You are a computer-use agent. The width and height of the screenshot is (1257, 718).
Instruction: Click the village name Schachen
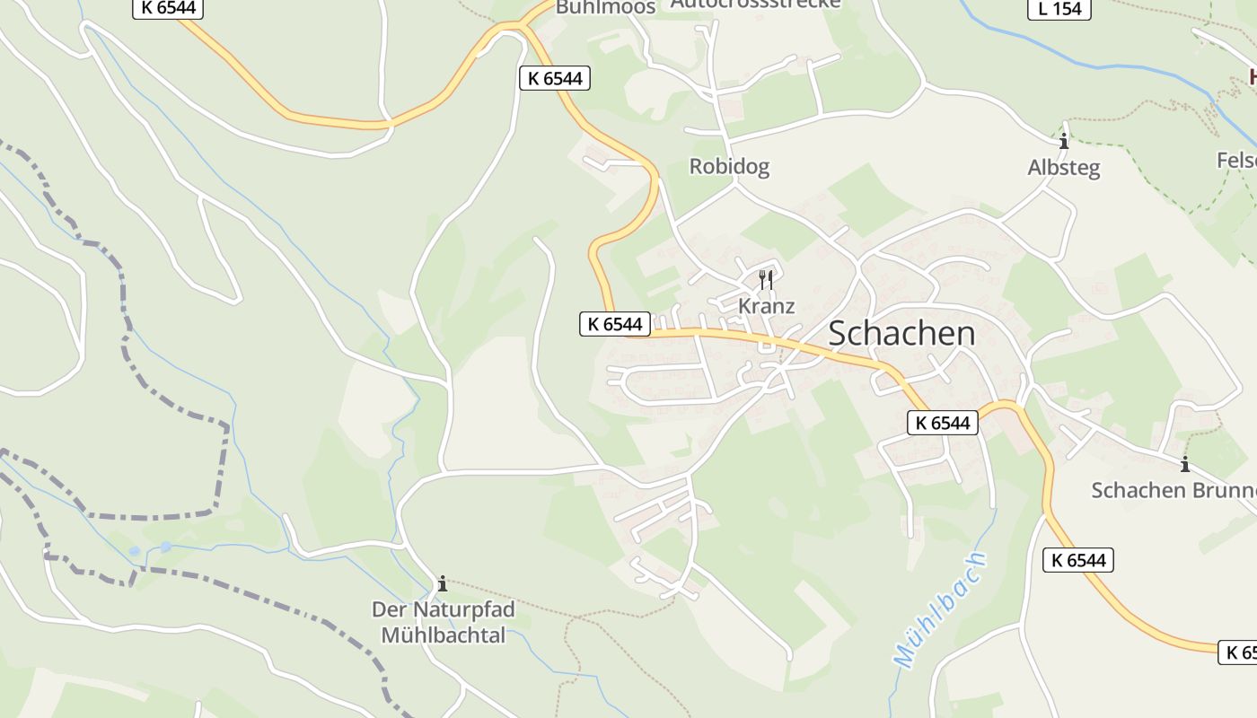(x=901, y=333)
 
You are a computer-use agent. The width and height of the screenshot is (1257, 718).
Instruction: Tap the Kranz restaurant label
(x=766, y=306)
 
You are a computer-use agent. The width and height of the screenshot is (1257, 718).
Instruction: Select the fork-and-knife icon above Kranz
(x=766, y=279)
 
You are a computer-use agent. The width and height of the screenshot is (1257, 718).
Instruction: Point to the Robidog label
(x=729, y=166)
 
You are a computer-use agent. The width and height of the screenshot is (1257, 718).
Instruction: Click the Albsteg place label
(x=1064, y=168)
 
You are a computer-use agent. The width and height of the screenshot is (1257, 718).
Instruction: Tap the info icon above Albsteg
(x=1064, y=142)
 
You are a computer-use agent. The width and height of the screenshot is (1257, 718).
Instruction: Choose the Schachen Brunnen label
(x=1172, y=490)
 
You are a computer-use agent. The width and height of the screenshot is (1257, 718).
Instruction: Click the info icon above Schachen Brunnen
(x=1185, y=464)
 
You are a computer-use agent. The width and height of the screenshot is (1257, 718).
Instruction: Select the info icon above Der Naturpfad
(x=442, y=584)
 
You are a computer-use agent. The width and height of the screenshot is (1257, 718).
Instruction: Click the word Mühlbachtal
(x=444, y=635)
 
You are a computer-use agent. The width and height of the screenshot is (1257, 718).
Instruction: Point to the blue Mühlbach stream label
(x=941, y=609)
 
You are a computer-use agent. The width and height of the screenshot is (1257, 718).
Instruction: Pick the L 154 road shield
(x=1059, y=9)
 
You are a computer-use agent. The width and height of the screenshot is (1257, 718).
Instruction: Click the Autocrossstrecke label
(x=756, y=4)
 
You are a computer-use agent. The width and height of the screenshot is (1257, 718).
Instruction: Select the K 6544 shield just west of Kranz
(x=615, y=324)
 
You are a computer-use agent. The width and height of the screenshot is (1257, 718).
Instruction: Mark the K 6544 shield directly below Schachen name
(x=943, y=423)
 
